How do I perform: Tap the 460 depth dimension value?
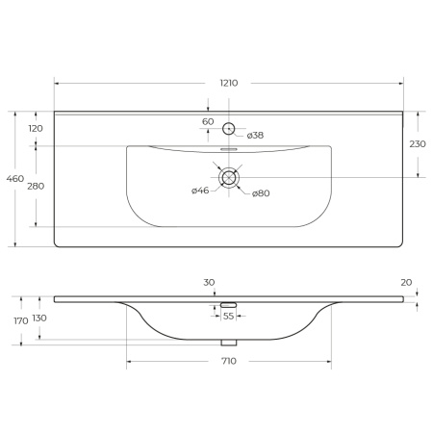(x=14, y=178)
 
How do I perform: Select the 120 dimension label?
(x=36, y=128)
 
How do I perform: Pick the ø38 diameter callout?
(x=255, y=136)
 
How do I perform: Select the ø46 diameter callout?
(x=200, y=191)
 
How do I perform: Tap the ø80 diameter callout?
(x=261, y=194)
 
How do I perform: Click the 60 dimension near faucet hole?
(x=208, y=121)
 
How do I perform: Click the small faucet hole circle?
(x=229, y=128)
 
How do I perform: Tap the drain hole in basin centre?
(x=229, y=177)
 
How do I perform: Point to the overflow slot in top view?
(x=229, y=150)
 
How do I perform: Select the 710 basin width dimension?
(x=229, y=361)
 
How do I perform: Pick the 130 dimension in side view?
(x=39, y=318)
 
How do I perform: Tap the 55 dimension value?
(x=229, y=316)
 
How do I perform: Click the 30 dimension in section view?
(x=209, y=282)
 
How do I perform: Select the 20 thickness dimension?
(x=407, y=282)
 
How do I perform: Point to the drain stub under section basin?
(x=229, y=342)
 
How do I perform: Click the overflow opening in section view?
(x=229, y=304)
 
